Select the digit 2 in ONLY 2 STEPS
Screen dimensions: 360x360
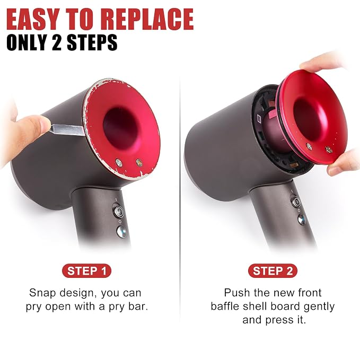tap(57, 42)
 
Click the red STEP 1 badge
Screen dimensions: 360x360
tap(86, 271)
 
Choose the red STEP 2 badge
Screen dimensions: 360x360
tap(273, 271)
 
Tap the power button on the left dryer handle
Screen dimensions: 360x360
tap(119, 211)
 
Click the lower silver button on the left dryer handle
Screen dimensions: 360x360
tap(121, 231)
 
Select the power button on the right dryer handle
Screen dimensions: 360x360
tap(296, 201)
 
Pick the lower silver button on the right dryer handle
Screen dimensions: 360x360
tap(302, 219)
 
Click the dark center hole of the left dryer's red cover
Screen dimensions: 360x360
tap(121, 128)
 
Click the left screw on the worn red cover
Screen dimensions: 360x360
tap(119, 163)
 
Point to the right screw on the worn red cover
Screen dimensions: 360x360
tap(139, 163)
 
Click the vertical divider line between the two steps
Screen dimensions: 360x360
tap(180, 200)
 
